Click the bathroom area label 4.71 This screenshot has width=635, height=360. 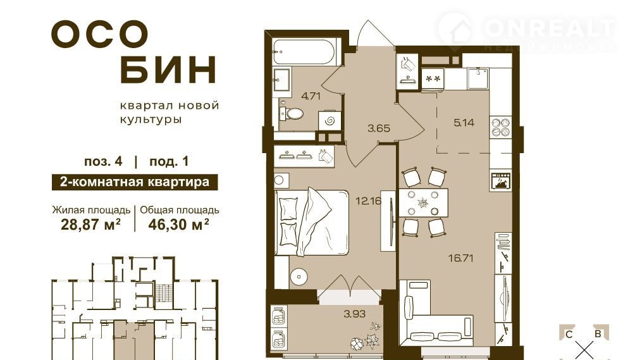coord(311,96)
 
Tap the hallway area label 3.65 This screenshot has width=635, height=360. coord(379,128)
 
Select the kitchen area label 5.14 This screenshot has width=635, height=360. coord(464,122)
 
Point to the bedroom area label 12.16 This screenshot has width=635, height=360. coord(369,201)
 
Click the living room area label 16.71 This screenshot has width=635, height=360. coord(461,258)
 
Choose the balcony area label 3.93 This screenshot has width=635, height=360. coord(354,313)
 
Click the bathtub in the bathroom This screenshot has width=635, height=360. coord(304,52)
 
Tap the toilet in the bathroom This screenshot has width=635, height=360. coord(292,113)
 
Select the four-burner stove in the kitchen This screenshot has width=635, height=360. coord(501,127)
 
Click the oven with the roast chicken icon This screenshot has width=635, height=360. coord(501,180)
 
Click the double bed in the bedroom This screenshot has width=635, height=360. coord(311,222)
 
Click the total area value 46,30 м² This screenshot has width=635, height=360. coord(178,224)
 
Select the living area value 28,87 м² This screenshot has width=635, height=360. coord(90,224)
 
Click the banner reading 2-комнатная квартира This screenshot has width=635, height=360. coord(135,182)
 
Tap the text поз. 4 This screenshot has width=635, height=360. coord(103,161)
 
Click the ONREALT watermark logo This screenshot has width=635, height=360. coord(527,32)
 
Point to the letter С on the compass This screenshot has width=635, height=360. coord(569,335)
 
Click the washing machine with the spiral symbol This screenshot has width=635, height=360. coord(328,120)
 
